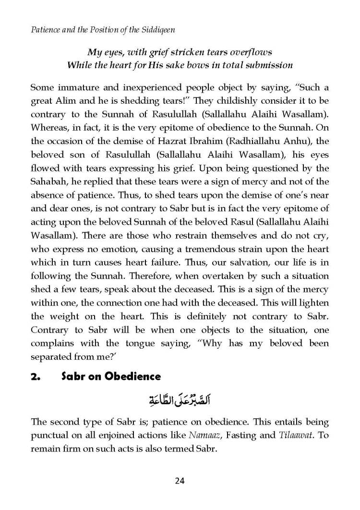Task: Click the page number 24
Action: pos(180,479)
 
